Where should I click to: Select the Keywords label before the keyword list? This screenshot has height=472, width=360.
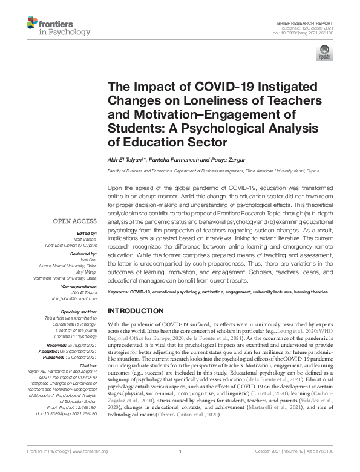pyautogui.click(x=120, y=292)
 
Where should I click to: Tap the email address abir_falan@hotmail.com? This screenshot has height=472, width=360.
pyautogui.click(x=74, y=298)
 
